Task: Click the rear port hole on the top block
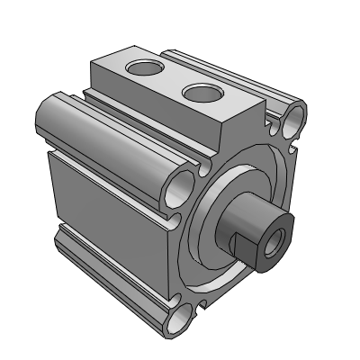pos(142,68)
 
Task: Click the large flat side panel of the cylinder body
pos(108,193)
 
